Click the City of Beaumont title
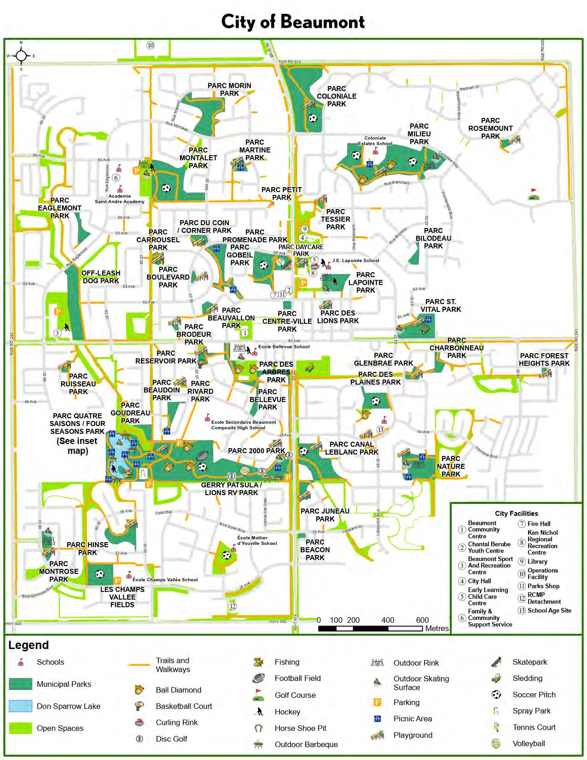click(293, 22)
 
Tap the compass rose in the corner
click(21, 56)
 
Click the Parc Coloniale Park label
click(337, 96)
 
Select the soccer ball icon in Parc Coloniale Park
click(313, 118)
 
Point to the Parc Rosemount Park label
click(490, 128)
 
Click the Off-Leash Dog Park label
click(101, 277)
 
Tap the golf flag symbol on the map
click(534, 194)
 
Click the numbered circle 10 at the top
click(150, 45)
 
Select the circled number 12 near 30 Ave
click(232, 606)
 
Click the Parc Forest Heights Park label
click(544, 359)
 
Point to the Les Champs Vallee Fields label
click(122, 597)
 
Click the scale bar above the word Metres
click(370, 629)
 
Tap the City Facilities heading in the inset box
click(516, 513)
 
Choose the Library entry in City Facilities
click(537, 561)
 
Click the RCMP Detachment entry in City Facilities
click(544, 598)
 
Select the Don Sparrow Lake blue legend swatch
click(21, 706)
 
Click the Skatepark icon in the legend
click(496, 662)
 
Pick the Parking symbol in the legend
click(377, 702)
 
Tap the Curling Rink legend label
click(176, 722)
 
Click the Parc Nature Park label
click(451, 466)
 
